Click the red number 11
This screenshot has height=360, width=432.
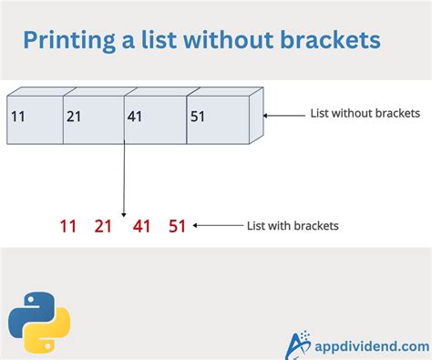tap(68, 226)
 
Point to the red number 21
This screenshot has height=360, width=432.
tap(103, 226)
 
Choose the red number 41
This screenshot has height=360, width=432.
tap(141, 226)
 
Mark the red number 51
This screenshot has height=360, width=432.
tap(177, 226)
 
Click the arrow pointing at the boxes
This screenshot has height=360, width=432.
tap(285, 115)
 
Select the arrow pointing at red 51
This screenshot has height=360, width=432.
tap(216, 225)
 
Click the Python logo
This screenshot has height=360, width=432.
tap(39, 323)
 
